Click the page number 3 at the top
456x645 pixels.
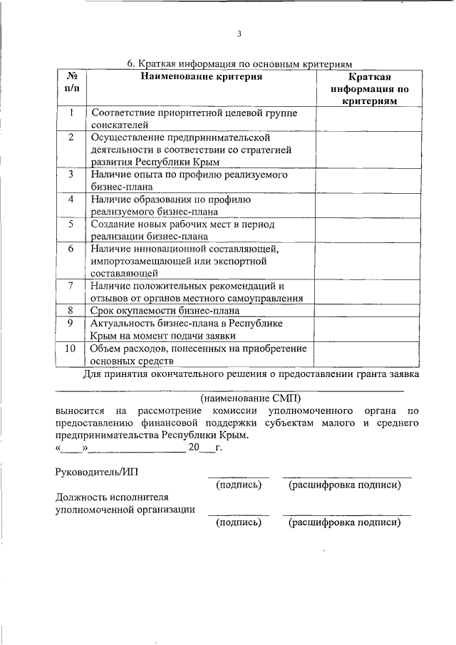click(239, 33)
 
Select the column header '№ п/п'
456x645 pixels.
click(71, 82)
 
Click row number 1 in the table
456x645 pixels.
click(71, 113)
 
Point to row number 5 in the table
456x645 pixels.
click(71, 224)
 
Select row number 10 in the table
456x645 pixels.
click(71, 349)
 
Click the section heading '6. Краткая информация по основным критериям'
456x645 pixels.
click(240, 63)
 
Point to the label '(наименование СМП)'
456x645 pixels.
click(251, 397)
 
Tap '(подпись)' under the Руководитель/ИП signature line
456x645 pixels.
click(239, 485)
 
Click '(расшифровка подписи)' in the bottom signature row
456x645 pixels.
click(345, 522)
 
